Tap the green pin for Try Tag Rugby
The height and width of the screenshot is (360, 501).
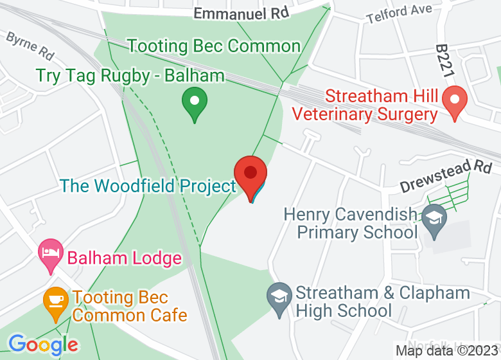[x=194, y=104]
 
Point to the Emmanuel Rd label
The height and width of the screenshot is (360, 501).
[x=242, y=12]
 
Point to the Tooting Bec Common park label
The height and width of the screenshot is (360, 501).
[x=214, y=46]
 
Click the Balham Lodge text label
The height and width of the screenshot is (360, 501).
[x=125, y=258]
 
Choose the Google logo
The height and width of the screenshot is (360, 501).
[x=43, y=345]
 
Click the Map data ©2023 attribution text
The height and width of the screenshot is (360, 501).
[x=447, y=351]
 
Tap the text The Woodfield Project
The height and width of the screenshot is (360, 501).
[x=148, y=186]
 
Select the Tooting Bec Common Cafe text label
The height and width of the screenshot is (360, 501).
[x=129, y=307]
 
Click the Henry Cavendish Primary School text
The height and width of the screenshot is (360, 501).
[x=350, y=222]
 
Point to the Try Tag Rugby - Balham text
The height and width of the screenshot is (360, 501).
[x=130, y=75]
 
